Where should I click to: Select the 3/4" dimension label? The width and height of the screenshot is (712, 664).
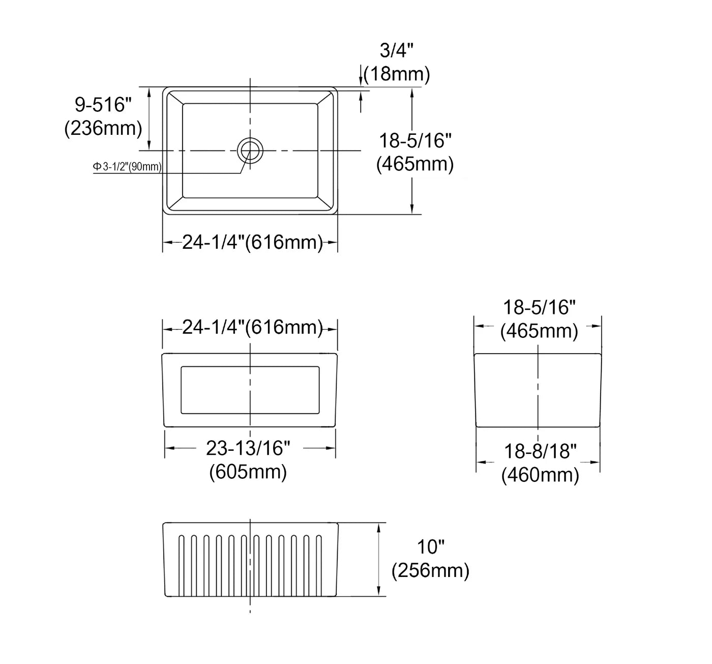[396, 51]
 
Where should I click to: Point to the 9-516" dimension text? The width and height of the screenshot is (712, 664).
[103, 105]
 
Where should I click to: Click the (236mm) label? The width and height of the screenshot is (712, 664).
[103, 128]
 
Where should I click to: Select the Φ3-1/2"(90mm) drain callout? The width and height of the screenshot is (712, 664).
[127, 166]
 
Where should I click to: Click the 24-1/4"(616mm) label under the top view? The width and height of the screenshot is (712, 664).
[252, 243]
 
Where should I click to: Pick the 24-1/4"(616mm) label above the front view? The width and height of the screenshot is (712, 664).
[252, 327]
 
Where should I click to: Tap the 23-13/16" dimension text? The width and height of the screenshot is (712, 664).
[248, 448]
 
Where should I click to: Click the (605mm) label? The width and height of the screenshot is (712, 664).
[248, 472]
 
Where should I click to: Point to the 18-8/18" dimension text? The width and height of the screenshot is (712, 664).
[540, 451]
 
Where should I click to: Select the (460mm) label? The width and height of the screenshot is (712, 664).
[540, 475]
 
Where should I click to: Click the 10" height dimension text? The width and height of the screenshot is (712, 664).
[431, 547]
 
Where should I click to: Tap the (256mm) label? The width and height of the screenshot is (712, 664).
[430, 570]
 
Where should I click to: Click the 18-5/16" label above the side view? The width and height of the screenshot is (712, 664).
[539, 307]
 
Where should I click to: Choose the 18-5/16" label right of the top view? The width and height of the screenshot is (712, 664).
[416, 140]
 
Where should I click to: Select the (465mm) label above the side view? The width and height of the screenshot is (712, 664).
[539, 331]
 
